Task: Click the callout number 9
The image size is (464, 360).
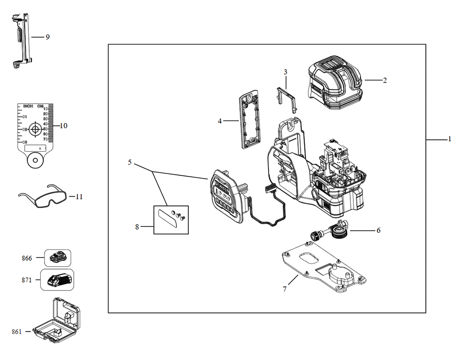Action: [47, 37]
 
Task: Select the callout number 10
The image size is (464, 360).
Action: [64, 126]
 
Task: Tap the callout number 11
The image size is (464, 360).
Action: [79, 197]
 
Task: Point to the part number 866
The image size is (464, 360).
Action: [26, 258]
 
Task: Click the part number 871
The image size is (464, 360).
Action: [26, 280]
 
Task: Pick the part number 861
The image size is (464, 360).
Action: [17, 331]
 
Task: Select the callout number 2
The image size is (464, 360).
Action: [385, 80]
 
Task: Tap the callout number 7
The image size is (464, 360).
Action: [284, 289]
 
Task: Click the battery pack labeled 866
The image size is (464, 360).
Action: [58, 257]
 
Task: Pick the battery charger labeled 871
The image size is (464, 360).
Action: [58, 280]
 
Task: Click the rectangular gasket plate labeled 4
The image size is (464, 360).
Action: [251, 119]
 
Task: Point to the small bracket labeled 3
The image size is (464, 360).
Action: [286, 96]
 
